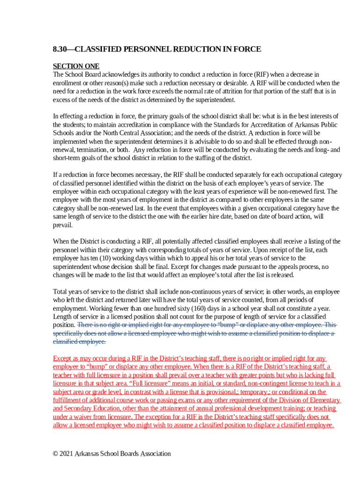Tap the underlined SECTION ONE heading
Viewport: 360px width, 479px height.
point(76,66)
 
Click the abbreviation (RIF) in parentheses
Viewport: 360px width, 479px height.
point(262,74)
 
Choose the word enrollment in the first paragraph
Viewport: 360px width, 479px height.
point(69,83)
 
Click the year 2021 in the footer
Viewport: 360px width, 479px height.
point(69,453)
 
